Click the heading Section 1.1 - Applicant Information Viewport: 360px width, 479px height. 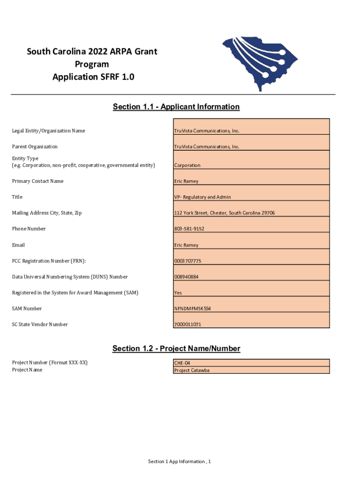(x=176, y=107)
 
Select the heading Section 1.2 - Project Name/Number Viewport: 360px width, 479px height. (x=176, y=348)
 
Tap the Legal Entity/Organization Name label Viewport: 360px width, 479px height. (x=49, y=131)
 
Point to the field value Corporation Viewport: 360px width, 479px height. (x=187, y=166)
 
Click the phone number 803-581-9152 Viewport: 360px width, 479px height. (x=189, y=229)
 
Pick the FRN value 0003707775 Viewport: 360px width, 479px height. (x=187, y=261)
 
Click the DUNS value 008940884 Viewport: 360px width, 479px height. (x=186, y=277)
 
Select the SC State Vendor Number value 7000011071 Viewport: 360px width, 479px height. (x=188, y=325)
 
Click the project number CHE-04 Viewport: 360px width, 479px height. (x=182, y=363)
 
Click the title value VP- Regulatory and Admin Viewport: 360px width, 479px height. (x=202, y=197)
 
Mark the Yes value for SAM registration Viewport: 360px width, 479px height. (x=178, y=293)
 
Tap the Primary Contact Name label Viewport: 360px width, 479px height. (x=38, y=181)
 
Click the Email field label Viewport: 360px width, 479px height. (x=18, y=245)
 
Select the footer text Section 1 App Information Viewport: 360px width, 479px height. (x=180, y=462)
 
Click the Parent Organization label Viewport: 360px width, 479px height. (x=35, y=147)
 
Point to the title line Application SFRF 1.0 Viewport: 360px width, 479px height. (x=94, y=77)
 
